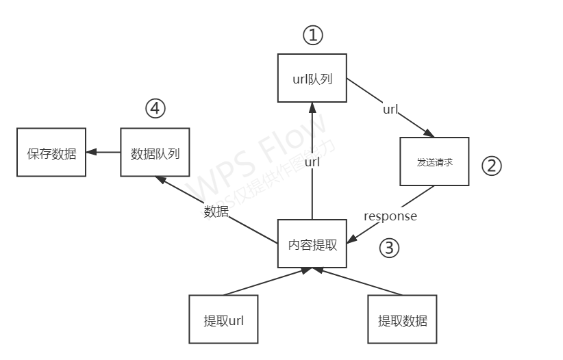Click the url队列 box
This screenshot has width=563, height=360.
point(312,79)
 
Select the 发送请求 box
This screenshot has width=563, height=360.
point(434,162)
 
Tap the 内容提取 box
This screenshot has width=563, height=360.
point(312,244)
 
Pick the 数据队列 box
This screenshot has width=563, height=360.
point(155,153)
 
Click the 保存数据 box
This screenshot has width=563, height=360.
point(51,153)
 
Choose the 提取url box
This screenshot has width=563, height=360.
point(223,320)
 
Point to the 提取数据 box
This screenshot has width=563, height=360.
point(402,320)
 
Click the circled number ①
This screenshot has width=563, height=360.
point(312,36)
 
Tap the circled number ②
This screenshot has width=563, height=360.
point(492,165)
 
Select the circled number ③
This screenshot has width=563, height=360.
point(388,247)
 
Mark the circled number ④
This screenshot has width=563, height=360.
point(155,108)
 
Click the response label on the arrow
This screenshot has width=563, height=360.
point(390,216)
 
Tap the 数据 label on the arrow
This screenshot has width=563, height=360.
point(216,211)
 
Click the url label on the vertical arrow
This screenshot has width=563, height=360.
point(312,162)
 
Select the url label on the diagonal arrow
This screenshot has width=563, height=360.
point(390,109)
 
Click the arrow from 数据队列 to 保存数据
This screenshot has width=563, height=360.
point(103,153)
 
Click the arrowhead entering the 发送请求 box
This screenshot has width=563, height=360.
point(430,134)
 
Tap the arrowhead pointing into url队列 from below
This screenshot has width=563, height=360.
point(312,108)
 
